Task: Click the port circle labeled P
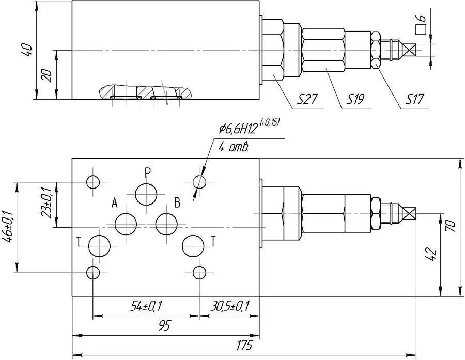pos(146,194)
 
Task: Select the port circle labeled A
pos(126,224)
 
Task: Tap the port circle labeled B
pos(166,224)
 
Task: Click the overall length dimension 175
pos(244,345)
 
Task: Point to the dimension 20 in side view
pos(46,75)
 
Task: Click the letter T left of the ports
pos(79,242)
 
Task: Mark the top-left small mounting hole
pos(93,182)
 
